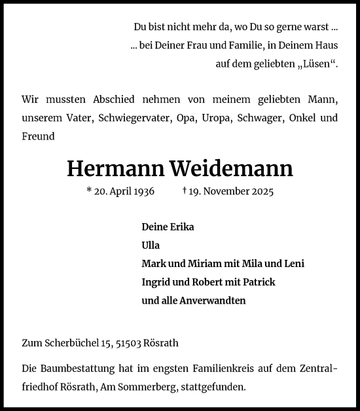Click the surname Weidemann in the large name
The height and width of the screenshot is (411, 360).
[x=231, y=169]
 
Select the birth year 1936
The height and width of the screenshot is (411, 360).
[x=142, y=192]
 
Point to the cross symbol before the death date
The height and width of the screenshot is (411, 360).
[x=186, y=192]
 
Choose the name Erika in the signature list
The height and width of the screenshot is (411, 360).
[x=181, y=227]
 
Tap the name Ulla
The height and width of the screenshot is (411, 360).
[x=151, y=245]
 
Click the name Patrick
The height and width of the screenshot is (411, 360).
[x=257, y=282]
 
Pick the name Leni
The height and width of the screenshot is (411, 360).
[x=293, y=264]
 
